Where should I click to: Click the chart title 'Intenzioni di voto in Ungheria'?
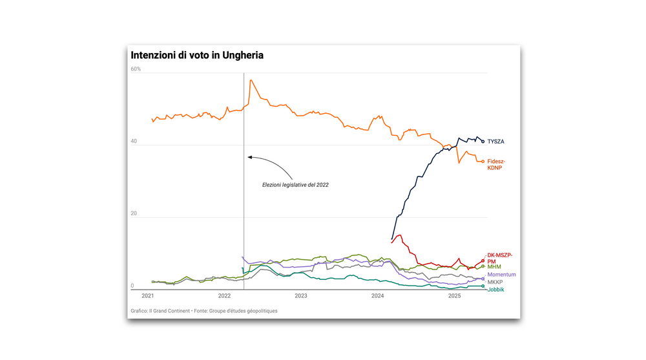tap(197, 56)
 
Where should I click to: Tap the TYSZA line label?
tap(495, 142)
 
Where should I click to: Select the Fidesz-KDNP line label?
tap(496, 164)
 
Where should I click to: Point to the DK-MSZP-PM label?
tap(499, 258)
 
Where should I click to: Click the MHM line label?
tap(494, 266)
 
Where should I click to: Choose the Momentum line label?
tap(501, 275)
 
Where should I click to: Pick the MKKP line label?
tap(495, 282)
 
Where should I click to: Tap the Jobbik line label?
tap(495, 290)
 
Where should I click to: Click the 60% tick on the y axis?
tap(136, 69)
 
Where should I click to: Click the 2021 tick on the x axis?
tap(148, 296)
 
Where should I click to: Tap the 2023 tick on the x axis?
tap(301, 296)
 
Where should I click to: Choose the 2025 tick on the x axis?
tap(454, 296)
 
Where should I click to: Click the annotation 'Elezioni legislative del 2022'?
tap(295, 185)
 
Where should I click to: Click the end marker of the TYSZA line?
tap(483, 142)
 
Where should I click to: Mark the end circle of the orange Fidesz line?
tap(483, 162)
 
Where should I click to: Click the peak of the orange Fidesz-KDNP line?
tap(250, 80)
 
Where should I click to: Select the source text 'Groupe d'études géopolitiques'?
tap(240, 311)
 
